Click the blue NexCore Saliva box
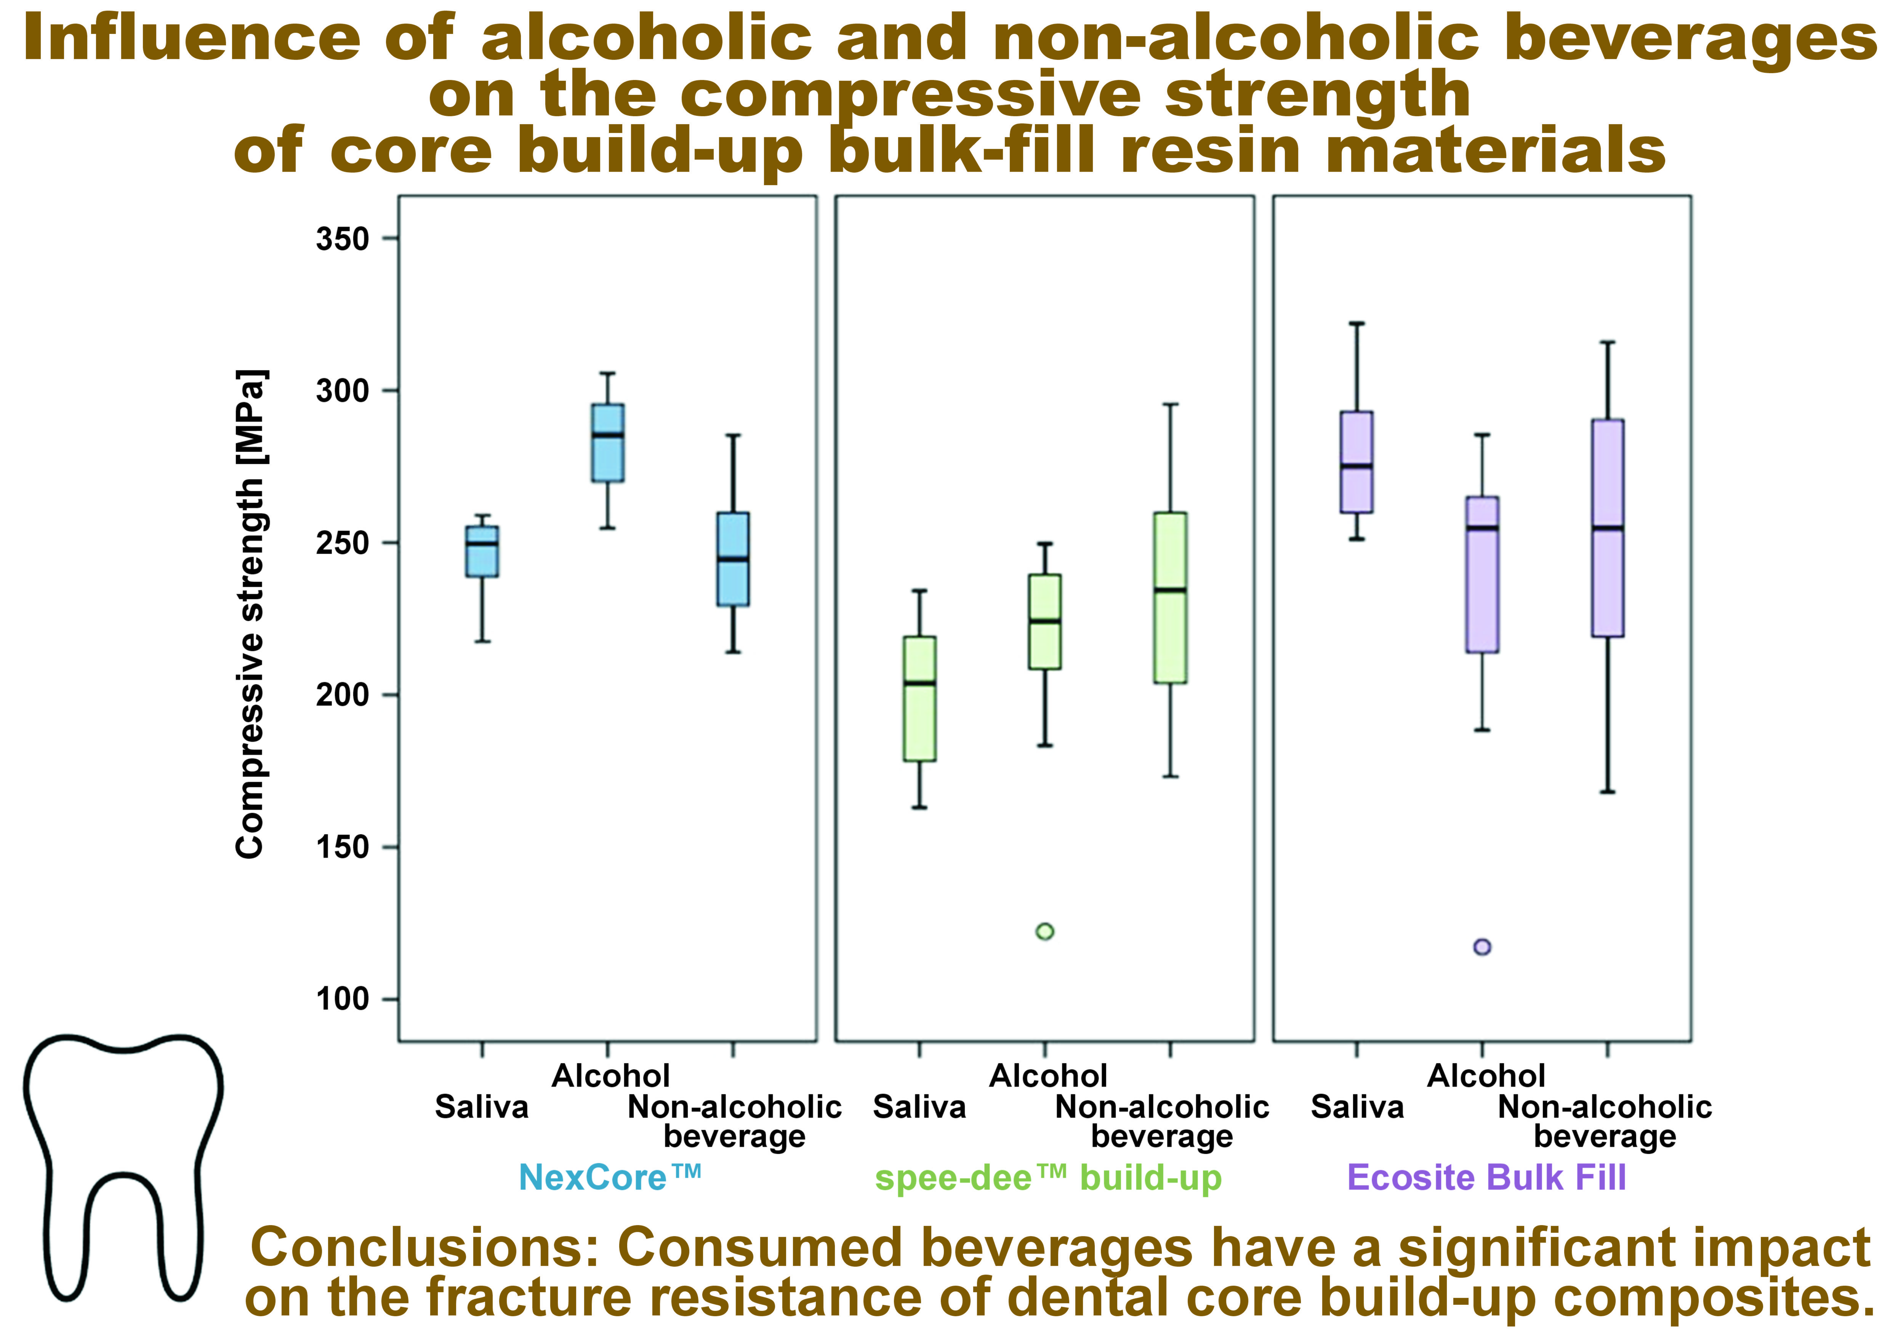point(482,552)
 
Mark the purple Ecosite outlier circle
point(1482,947)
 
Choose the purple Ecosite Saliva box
point(1357,462)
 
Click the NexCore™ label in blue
point(609,1177)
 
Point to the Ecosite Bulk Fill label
point(1486,1177)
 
